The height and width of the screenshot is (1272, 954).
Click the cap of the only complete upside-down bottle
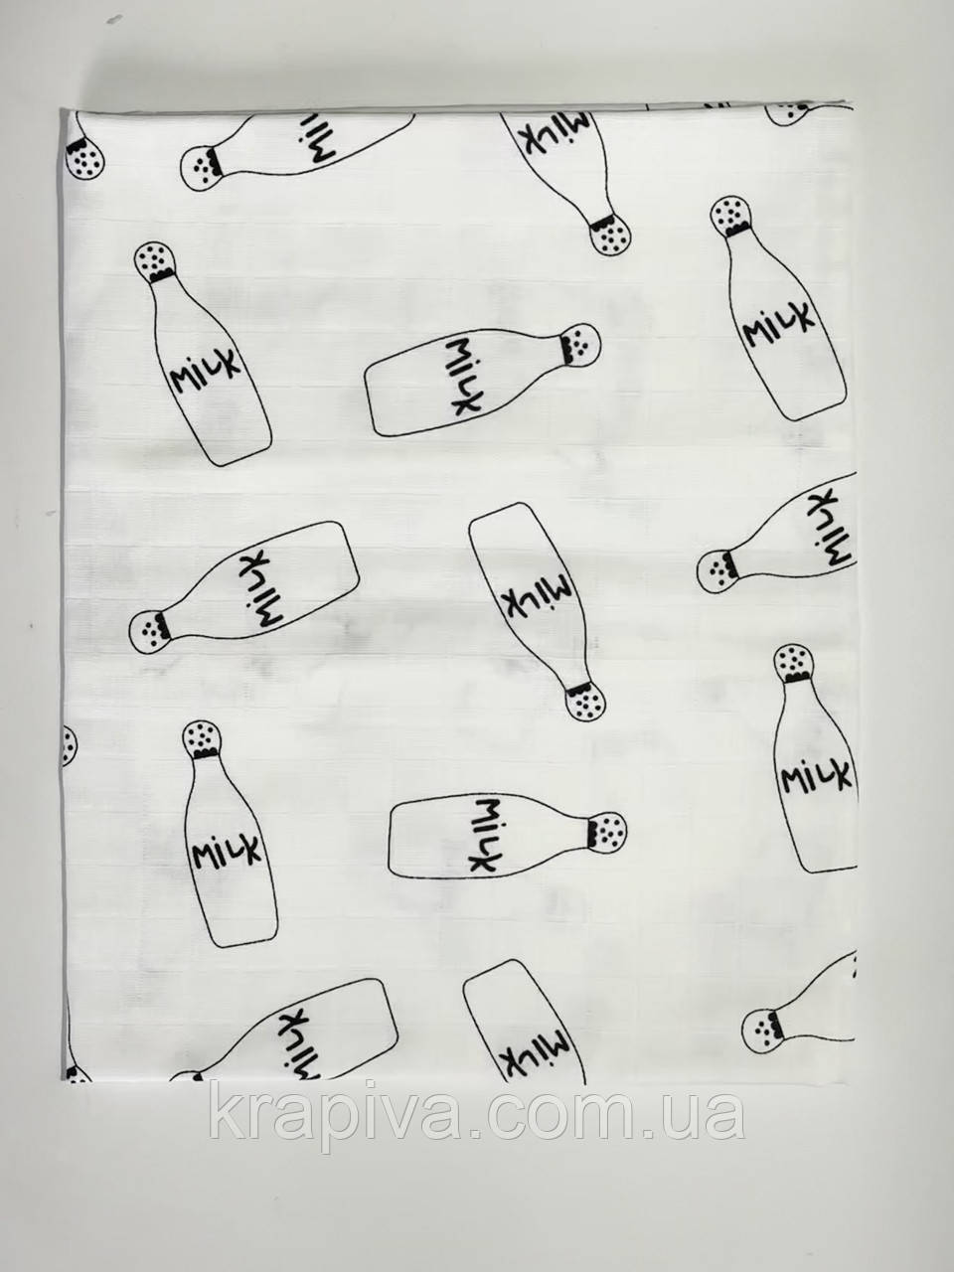585,702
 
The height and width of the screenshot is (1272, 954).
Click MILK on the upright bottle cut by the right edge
816,775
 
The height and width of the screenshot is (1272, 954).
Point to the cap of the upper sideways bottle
581,345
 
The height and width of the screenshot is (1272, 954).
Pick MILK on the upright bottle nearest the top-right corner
780,326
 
